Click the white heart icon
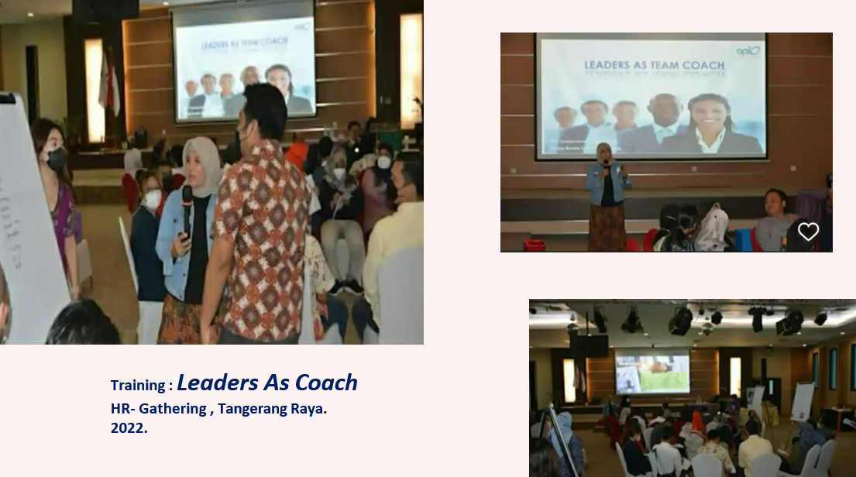(x=808, y=232)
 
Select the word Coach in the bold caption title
(x=325, y=383)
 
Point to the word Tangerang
(x=251, y=408)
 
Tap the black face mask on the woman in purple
(x=57, y=159)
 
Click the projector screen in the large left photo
(x=243, y=62)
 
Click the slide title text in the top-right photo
(x=655, y=66)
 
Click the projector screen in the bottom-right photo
(x=651, y=374)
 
